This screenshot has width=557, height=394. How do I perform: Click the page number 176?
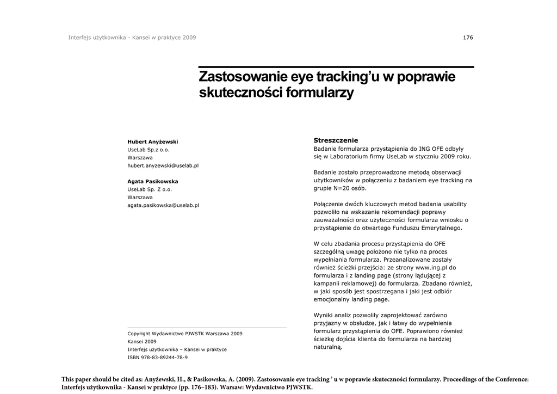pyautogui.click(x=468, y=38)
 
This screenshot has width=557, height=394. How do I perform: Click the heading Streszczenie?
pyautogui.click(x=336, y=140)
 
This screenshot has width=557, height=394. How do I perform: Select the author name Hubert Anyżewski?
pyautogui.click(x=152, y=141)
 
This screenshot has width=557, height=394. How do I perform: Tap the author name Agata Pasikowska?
pyautogui.click(x=152, y=181)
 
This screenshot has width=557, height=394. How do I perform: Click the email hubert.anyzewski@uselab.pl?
pyautogui.click(x=163, y=165)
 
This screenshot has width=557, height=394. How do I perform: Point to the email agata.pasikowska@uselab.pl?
pyautogui.click(x=163, y=205)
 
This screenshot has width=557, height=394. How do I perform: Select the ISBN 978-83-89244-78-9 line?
pyautogui.click(x=157, y=357)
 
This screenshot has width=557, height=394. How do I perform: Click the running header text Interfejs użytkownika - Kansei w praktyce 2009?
pyautogui.click(x=132, y=38)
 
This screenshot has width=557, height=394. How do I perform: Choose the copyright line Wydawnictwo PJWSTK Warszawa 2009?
pyautogui.click(x=185, y=334)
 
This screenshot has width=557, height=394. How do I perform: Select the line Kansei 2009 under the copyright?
pyautogui.click(x=141, y=341)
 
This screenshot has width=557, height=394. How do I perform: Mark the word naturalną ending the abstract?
pyautogui.click(x=328, y=347)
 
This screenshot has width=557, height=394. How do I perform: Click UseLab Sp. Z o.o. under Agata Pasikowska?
pyautogui.click(x=150, y=189)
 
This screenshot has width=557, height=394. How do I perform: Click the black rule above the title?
pyautogui.click(x=336, y=66)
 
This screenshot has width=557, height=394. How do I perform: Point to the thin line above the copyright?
pyautogui.click(x=207, y=328)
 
